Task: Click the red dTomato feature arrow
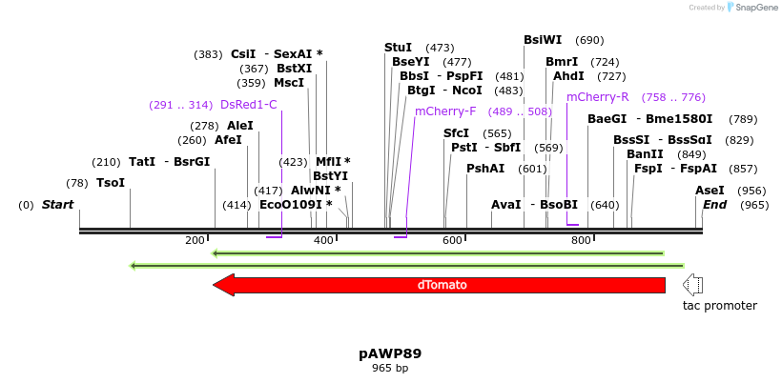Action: click(x=439, y=285)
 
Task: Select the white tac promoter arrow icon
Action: click(x=692, y=285)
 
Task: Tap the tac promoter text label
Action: click(x=719, y=306)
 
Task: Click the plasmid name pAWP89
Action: click(x=390, y=353)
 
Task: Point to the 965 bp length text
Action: click(x=390, y=368)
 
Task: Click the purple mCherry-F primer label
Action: click(x=445, y=111)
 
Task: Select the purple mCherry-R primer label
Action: click(x=598, y=97)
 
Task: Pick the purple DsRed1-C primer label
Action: click(x=248, y=105)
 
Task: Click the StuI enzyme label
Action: click(x=398, y=48)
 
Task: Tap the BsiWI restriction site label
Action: click(x=543, y=40)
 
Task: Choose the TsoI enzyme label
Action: click(x=111, y=183)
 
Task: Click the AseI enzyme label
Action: click(x=710, y=191)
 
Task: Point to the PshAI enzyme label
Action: click(x=485, y=169)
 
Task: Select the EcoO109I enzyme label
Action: click(x=296, y=205)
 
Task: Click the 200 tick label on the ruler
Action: click(x=195, y=240)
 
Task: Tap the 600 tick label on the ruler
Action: click(x=453, y=240)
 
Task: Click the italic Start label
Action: click(x=57, y=205)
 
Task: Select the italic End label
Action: click(x=714, y=205)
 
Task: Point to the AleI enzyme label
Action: click(x=240, y=126)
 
